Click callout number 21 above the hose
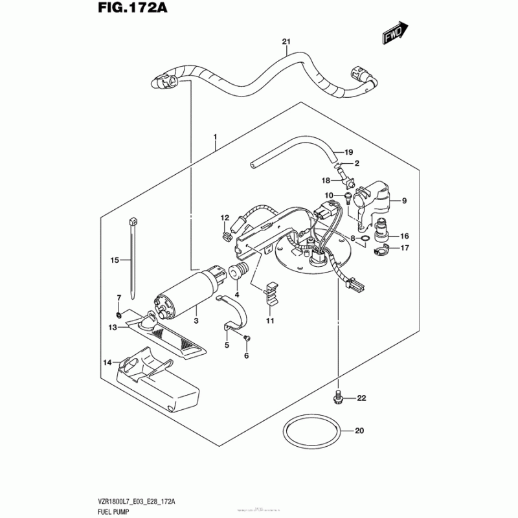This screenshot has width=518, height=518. tap(286, 43)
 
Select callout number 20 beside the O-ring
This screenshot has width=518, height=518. tap(360, 431)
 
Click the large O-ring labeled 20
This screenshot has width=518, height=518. tap(310, 434)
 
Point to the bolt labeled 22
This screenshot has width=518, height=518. tap(336, 395)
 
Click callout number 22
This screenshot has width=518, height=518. tap(361, 398)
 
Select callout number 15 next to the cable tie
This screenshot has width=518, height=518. tap(115, 260)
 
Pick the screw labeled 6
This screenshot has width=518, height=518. tap(247, 339)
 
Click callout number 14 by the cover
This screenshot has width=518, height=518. tap(107, 362)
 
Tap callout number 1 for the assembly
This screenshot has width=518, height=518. tap(216, 137)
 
